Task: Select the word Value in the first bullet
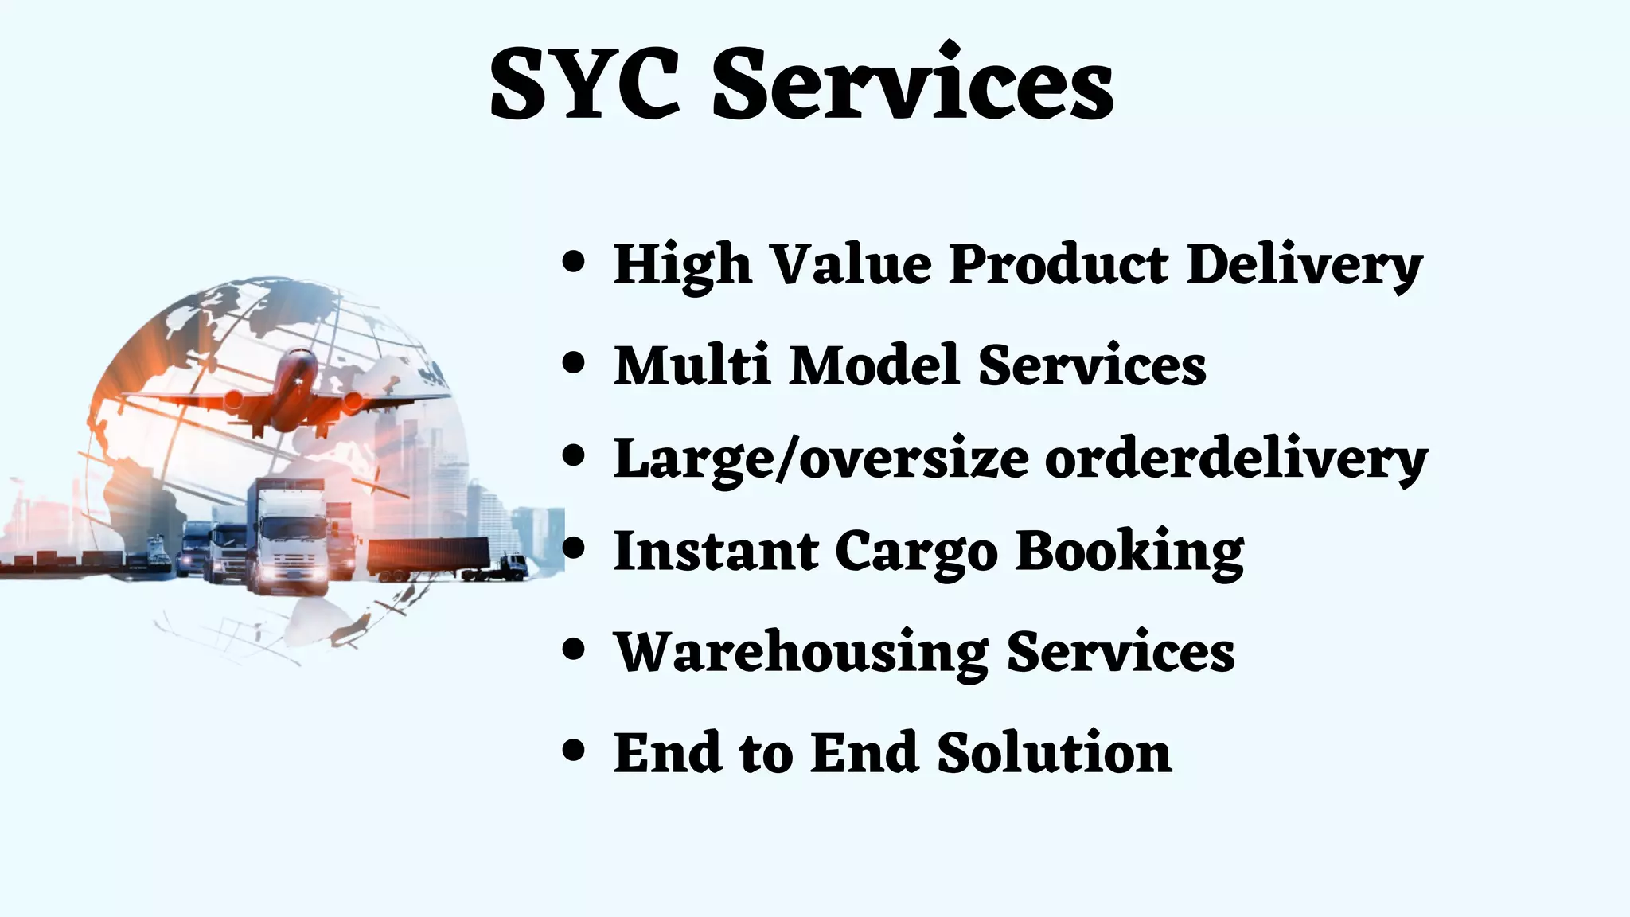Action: [852, 263]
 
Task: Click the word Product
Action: [1059, 263]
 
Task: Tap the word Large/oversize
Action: [821, 460]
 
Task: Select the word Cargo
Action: [915, 552]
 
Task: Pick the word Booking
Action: [1130, 552]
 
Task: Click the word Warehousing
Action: [801, 652]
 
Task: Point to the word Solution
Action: [1054, 752]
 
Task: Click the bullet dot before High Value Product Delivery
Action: [573, 262]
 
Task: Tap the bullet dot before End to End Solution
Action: [573, 751]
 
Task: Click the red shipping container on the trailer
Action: [428, 553]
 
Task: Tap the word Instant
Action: [716, 552]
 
